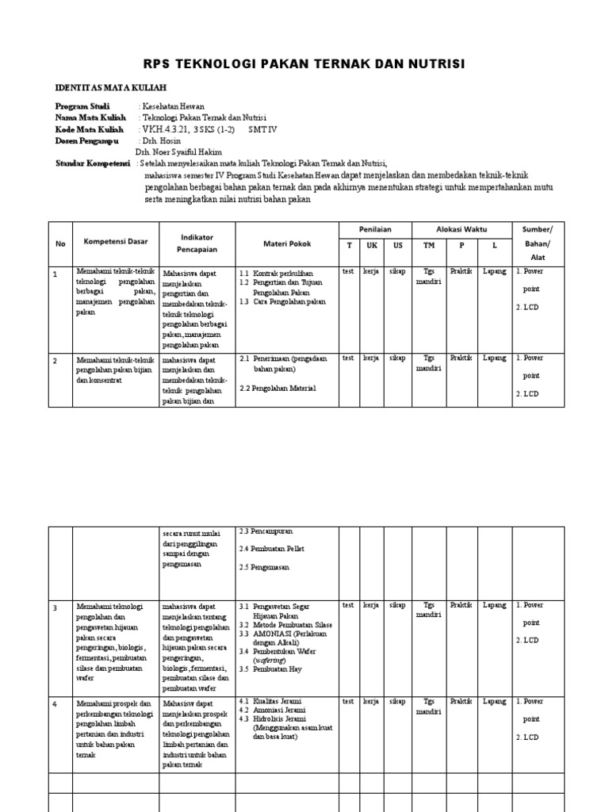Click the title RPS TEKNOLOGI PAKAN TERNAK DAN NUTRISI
click(304, 63)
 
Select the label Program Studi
click(82, 106)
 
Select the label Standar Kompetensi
click(92, 163)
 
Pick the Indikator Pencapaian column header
click(197, 243)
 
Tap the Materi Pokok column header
click(285, 243)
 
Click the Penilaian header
click(374, 228)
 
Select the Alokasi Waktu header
click(461, 228)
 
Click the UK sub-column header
click(371, 245)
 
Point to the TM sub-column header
click(429, 245)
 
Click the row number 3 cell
click(56, 607)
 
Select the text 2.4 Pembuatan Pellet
click(271, 549)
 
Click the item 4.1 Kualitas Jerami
click(272, 701)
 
